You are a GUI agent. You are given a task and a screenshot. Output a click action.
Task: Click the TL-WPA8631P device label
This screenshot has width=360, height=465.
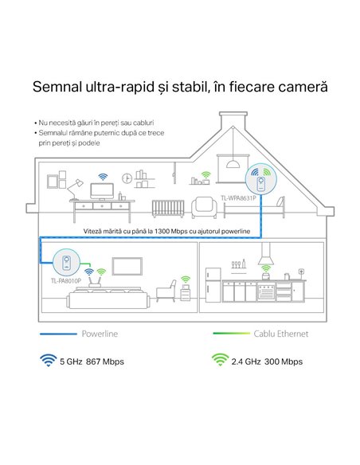click(238, 197)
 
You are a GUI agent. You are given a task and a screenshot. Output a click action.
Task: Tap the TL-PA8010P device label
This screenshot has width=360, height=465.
click(66, 280)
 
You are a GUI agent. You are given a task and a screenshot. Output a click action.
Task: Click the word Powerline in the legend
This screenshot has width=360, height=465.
click(100, 334)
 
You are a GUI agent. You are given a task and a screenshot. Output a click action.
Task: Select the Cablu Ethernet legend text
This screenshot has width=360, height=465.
click(281, 334)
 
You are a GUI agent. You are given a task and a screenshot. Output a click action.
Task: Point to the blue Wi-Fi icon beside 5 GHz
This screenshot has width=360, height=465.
click(48, 361)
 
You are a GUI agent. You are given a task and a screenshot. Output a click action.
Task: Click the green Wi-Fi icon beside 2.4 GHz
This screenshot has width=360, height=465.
click(220, 360)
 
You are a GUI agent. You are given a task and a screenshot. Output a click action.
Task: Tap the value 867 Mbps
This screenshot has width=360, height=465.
click(105, 361)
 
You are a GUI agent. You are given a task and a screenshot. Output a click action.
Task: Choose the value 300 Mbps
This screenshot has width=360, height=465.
click(284, 361)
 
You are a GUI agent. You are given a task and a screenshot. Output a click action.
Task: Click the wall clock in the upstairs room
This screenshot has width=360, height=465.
click(127, 178)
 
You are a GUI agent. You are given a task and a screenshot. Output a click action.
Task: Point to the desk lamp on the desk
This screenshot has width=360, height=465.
click(75, 189)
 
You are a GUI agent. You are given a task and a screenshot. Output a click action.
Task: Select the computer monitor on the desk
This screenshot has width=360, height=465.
click(102, 191)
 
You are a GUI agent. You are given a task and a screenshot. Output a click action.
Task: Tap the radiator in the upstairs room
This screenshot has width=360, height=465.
click(168, 209)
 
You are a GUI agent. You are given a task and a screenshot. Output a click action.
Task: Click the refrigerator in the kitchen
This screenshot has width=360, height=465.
click(213, 285)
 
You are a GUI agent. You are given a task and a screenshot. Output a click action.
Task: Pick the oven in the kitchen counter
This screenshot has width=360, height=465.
click(266, 292)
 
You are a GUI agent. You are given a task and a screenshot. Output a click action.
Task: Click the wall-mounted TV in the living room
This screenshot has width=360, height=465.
click(127, 266)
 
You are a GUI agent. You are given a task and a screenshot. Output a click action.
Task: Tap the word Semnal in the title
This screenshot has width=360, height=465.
click(57, 87)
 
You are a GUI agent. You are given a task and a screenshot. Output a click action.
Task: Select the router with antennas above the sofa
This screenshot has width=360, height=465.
click(95, 283)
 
